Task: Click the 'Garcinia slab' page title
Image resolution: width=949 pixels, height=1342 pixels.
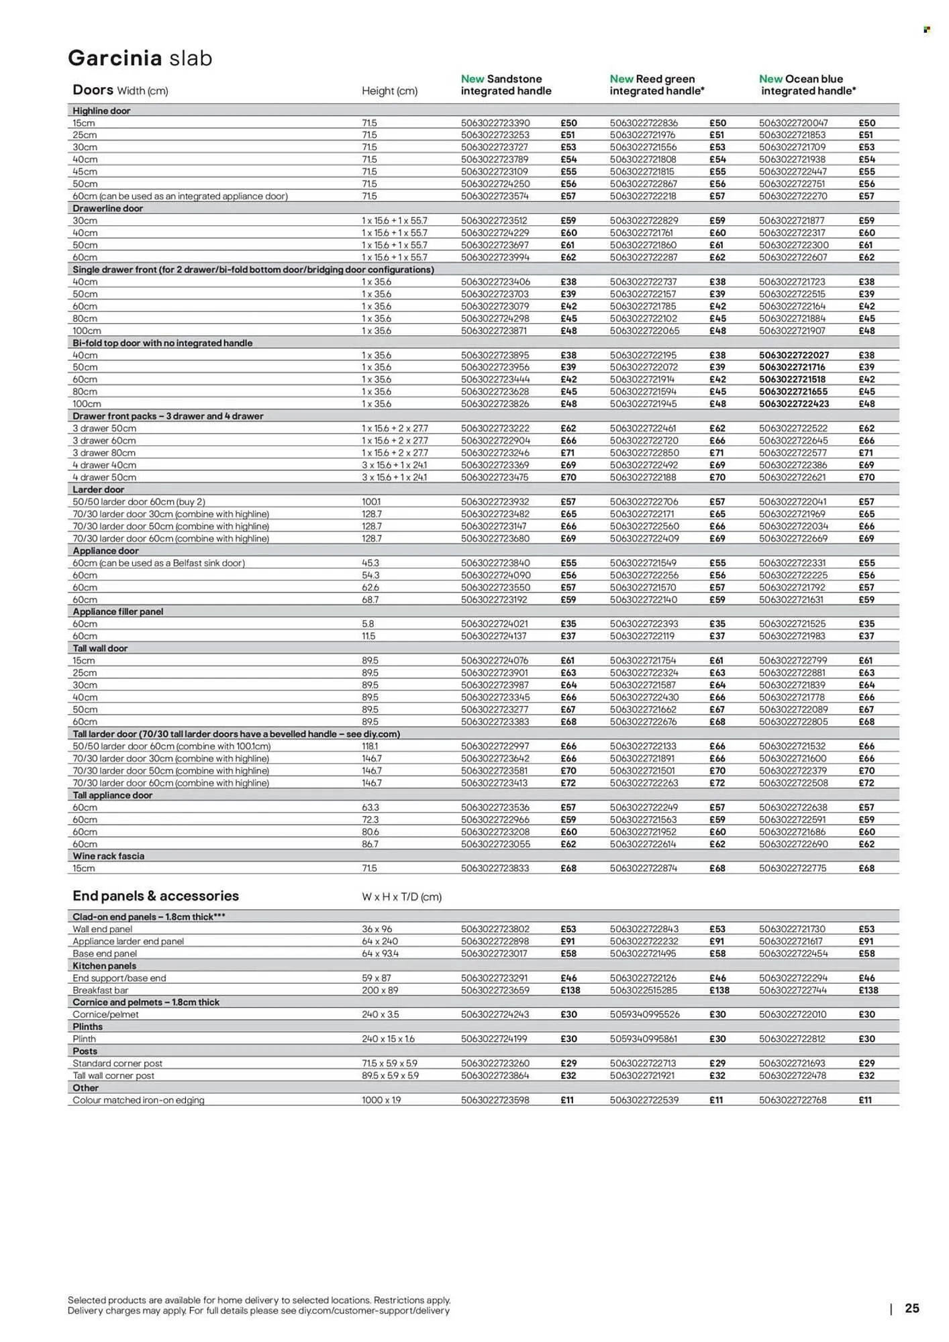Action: (x=140, y=58)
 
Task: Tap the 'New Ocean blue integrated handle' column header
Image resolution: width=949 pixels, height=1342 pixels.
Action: (x=807, y=85)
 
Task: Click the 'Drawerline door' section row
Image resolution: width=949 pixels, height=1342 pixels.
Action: (x=107, y=208)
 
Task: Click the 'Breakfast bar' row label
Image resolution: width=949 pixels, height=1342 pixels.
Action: (x=100, y=990)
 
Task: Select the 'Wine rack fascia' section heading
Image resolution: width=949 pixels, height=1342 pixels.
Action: (x=108, y=856)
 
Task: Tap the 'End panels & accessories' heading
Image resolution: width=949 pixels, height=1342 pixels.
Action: (x=155, y=896)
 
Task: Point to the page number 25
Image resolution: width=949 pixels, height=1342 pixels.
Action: (x=911, y=1308)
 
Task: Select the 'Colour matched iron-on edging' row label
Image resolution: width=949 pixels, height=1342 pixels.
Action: (x=138, y=1100)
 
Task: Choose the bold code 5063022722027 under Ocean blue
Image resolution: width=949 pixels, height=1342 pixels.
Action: (x=793, y=355)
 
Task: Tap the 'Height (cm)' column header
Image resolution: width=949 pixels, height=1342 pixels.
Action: (x=389, y=91)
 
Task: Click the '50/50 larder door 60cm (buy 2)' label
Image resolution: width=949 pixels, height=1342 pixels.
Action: (x=138, y=501)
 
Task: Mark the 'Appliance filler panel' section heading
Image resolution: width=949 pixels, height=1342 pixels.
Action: (x=117, y=611)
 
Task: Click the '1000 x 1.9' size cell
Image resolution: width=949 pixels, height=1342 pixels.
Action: (x=381, y=1100)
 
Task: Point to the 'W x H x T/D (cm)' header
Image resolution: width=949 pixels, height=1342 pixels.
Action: (x=401, y=896)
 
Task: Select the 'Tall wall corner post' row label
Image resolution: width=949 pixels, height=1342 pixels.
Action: (x=113, y=1075)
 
